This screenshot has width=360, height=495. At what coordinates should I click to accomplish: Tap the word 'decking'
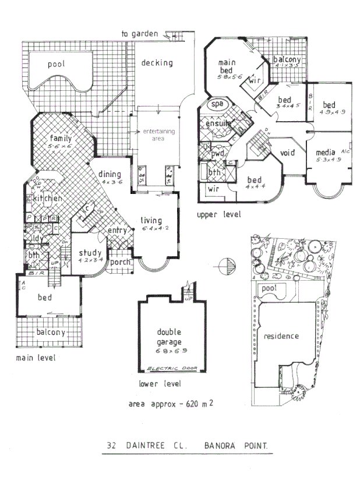(x=157, y=63)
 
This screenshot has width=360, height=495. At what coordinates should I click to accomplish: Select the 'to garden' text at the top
(x=140, y=34)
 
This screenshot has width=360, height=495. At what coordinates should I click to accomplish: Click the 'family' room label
(x=61, y=139)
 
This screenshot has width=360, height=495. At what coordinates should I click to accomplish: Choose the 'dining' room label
(x=110, y=174)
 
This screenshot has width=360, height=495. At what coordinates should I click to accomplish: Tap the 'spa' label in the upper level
(x=217, y=104)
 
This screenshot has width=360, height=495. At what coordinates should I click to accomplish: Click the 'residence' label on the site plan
(x=281, y=337)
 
